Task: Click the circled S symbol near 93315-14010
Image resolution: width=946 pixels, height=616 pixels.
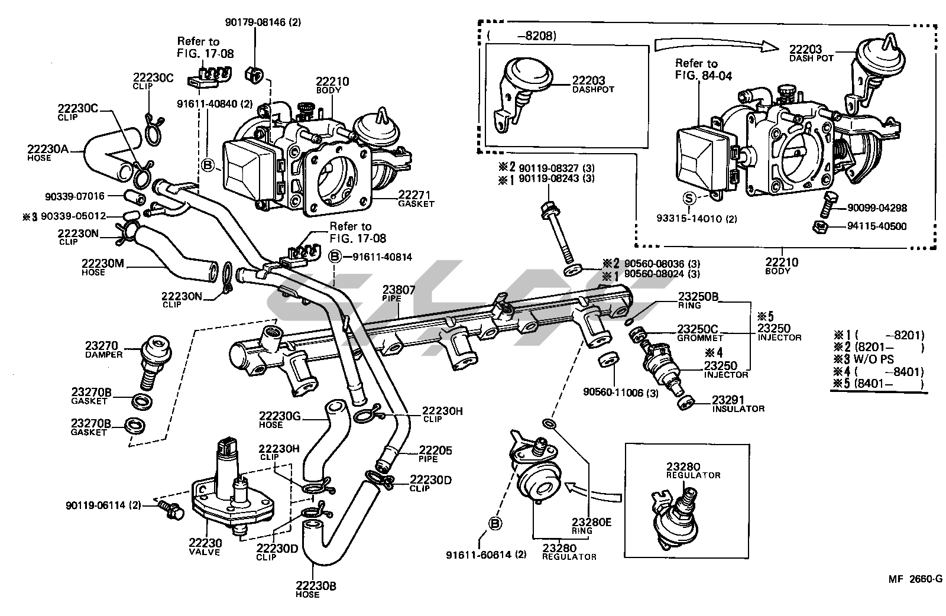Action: (688, 197)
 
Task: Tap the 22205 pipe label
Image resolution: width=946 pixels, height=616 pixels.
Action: (435, 450)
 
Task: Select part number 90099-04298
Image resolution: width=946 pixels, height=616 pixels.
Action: (877, 208)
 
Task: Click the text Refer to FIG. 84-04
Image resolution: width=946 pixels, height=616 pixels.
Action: (696, 69)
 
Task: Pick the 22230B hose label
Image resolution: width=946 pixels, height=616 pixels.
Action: (316, 586)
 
